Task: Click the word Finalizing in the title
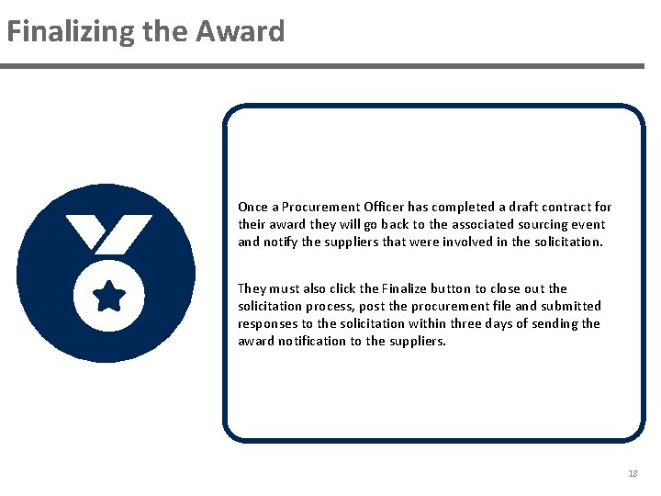[70, 32]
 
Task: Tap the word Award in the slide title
[240, 32]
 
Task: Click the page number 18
[632, 473]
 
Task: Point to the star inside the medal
[109, 297]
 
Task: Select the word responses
[266, 323]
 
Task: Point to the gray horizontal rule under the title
[321, 66]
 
